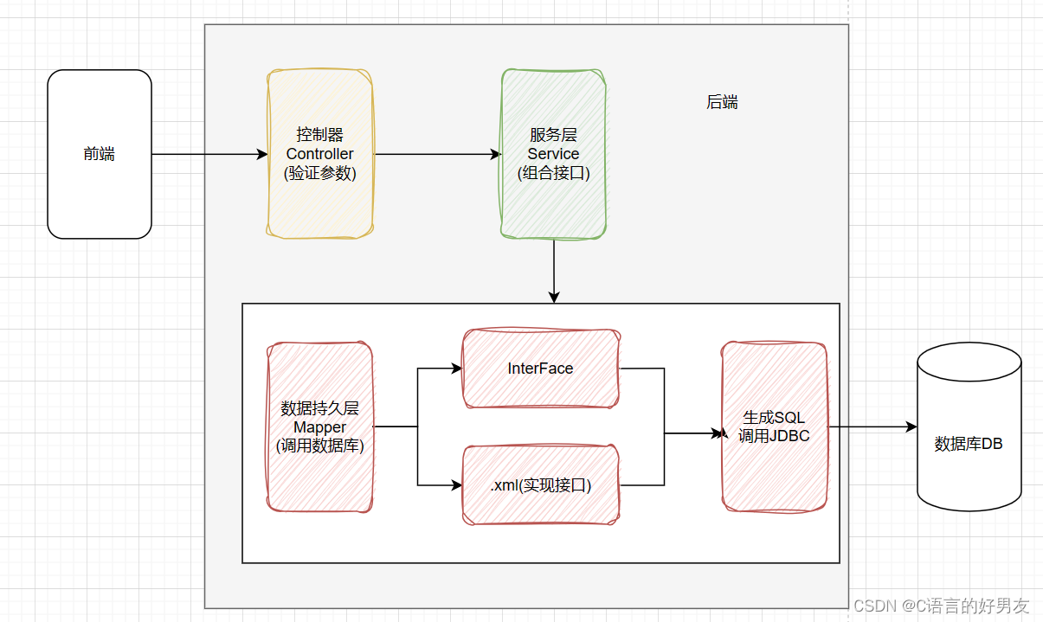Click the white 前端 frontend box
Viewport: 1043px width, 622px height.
click(100, 154)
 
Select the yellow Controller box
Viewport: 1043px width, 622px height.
click(320, 154)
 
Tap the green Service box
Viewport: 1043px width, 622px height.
click(554, 154)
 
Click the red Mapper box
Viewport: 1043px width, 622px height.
click(320, 426)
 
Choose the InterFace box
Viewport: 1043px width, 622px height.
click(541, 368)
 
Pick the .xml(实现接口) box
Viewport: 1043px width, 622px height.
click(541, 485)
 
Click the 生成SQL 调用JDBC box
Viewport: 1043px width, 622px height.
click(774, 426)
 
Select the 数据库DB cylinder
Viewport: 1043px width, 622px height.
click(969, 426)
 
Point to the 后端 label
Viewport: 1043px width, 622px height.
click(722, 102)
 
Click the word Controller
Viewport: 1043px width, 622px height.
click(320, 154)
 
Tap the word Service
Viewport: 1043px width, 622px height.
click(553, 154)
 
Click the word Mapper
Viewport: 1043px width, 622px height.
click(320, 427)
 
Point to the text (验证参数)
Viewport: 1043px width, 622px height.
click(320, 173)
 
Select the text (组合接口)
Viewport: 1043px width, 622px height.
click(554, 173)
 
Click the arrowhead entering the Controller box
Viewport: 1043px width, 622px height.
click(262, 154)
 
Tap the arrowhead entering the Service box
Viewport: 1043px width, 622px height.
click(496, 154)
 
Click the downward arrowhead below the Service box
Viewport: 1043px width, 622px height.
click(554, 298)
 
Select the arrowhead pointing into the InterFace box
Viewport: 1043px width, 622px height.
click(457, 369)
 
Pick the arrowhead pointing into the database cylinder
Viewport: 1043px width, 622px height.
click(911, 426)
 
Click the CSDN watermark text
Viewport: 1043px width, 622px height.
click(941, 606)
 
